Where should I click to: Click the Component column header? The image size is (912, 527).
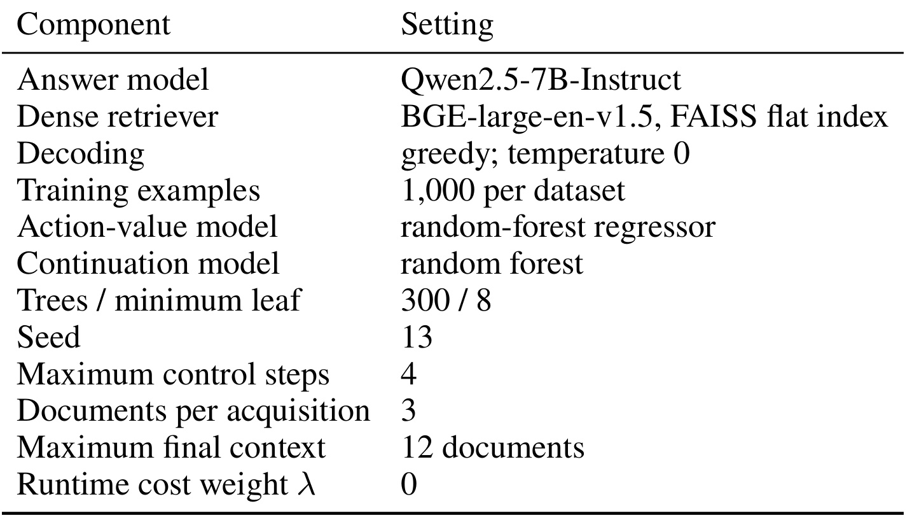click(93, 26)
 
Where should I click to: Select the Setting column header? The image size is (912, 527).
click(447, 26)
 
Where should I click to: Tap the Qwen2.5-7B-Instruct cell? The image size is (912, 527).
click(541, 80)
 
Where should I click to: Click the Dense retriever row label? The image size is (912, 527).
click(117, 117)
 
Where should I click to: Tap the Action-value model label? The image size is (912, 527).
click(147, 227)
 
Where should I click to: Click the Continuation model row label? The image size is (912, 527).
click(148, 263)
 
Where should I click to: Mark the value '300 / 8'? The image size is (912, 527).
click(446, 300)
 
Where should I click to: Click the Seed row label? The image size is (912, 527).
click(48, 337)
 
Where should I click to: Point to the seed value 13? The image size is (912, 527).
click(417, 337)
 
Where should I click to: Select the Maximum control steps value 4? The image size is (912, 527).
click(409, 374)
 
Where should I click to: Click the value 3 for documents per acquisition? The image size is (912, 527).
click(409, 411)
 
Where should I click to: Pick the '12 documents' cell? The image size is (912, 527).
click(493, 447)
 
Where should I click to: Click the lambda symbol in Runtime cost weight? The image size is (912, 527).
click(306, 484)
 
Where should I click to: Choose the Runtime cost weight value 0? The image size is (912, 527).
click(409, 484)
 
